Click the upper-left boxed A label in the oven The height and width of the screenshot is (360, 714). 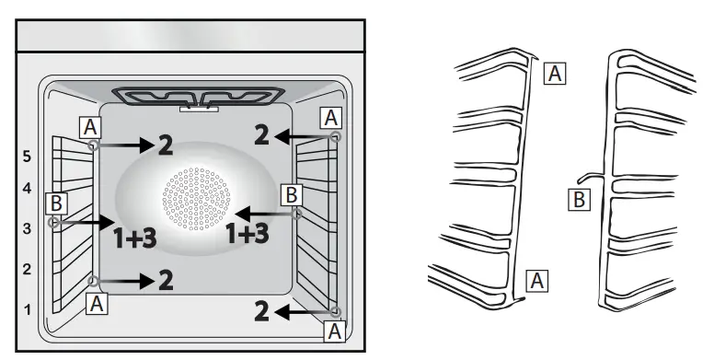[88, 125]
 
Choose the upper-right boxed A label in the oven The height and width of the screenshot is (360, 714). [330, 117]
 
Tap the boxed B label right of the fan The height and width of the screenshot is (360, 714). [291, 194]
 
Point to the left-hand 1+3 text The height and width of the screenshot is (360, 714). [134, 238]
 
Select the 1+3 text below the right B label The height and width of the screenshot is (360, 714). [248, 233]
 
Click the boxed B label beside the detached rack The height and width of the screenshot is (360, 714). [578, 198]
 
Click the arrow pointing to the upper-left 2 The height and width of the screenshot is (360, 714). [126, 145]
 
